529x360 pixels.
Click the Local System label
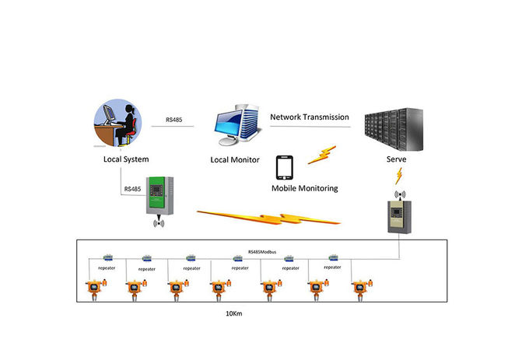pyautogui.click(x=126, y=159)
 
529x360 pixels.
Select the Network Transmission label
pyautogui.click(x=310, y=117)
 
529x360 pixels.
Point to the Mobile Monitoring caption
pyautogui.click(x=305, y=188)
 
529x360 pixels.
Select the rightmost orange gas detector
pyautogui.click(x=359, y=289)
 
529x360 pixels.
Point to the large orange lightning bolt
pyautogui.click(x=268, y=217)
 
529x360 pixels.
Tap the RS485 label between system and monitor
pyautogui.click(x=175, y=121)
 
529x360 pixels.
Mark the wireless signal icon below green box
pyautogui.click(x=160, y=223)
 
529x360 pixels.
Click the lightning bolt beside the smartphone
pyautogui.click(x=322, y=154)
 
